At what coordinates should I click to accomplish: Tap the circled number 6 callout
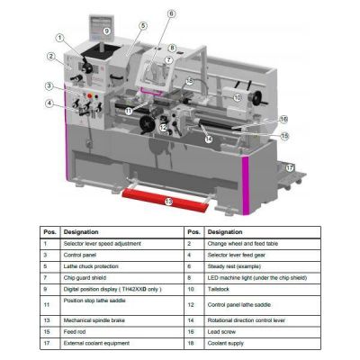171,14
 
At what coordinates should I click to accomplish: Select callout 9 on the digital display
106,31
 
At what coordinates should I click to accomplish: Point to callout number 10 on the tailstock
238,96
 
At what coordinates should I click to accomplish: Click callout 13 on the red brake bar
168,202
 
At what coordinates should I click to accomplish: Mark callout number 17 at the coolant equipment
289,167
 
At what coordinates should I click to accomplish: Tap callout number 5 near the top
142,27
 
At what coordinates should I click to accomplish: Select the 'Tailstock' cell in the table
222,290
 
